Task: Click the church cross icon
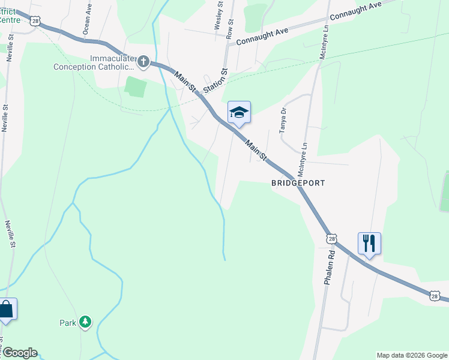[143, 61]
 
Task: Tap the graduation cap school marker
[239, 112]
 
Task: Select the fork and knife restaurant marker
[369, 243]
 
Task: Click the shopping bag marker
[6, 309]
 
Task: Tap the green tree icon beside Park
[86, 322]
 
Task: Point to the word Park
[68, 323]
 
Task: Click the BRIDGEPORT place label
[298, 182]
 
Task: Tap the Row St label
[231, 28]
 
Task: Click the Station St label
[215, 80]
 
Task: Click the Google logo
[19, 353]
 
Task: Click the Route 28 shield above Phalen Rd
[333, 239]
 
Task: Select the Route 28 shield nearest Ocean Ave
[36, 21]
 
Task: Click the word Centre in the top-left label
[10, 20]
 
